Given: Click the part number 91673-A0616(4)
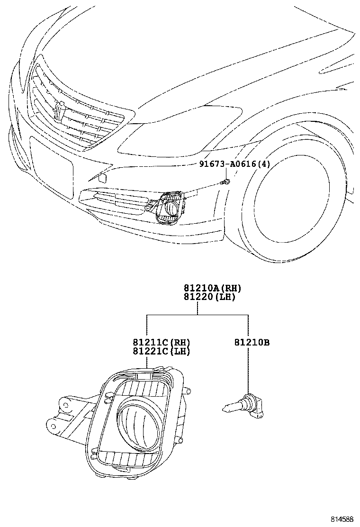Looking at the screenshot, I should pos(234,164).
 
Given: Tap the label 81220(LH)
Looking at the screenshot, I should pos(209,297).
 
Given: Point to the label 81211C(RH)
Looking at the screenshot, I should pos(161,342).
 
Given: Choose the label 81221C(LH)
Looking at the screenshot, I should pos(161,351).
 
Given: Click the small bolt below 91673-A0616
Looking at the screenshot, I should pos(226,182).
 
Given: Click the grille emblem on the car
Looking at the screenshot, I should pos(59,111).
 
